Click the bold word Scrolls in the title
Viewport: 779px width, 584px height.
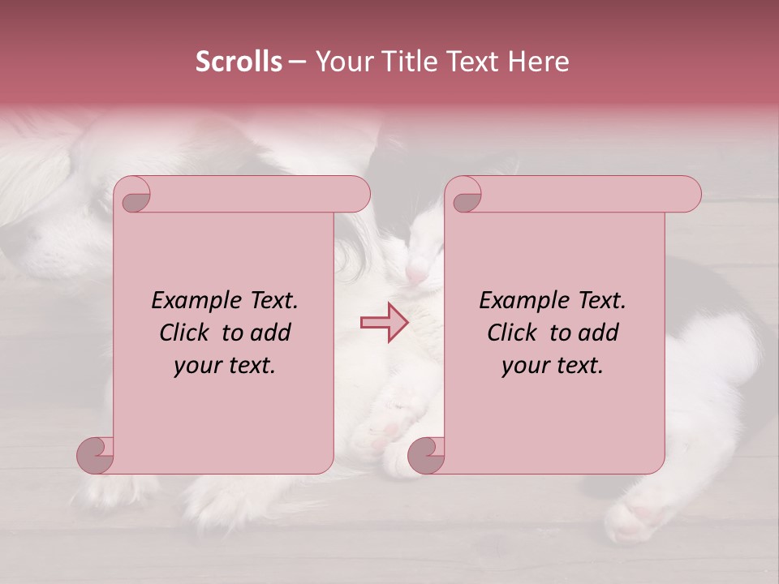point(239,62)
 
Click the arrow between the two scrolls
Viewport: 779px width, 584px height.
point(385,322)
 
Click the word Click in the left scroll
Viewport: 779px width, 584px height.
point(183,333)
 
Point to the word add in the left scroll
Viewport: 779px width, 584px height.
point(272,333)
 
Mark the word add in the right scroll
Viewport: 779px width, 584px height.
point(600,333)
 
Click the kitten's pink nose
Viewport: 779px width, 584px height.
point(416,275)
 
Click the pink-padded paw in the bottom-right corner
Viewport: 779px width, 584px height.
point(641,519)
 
